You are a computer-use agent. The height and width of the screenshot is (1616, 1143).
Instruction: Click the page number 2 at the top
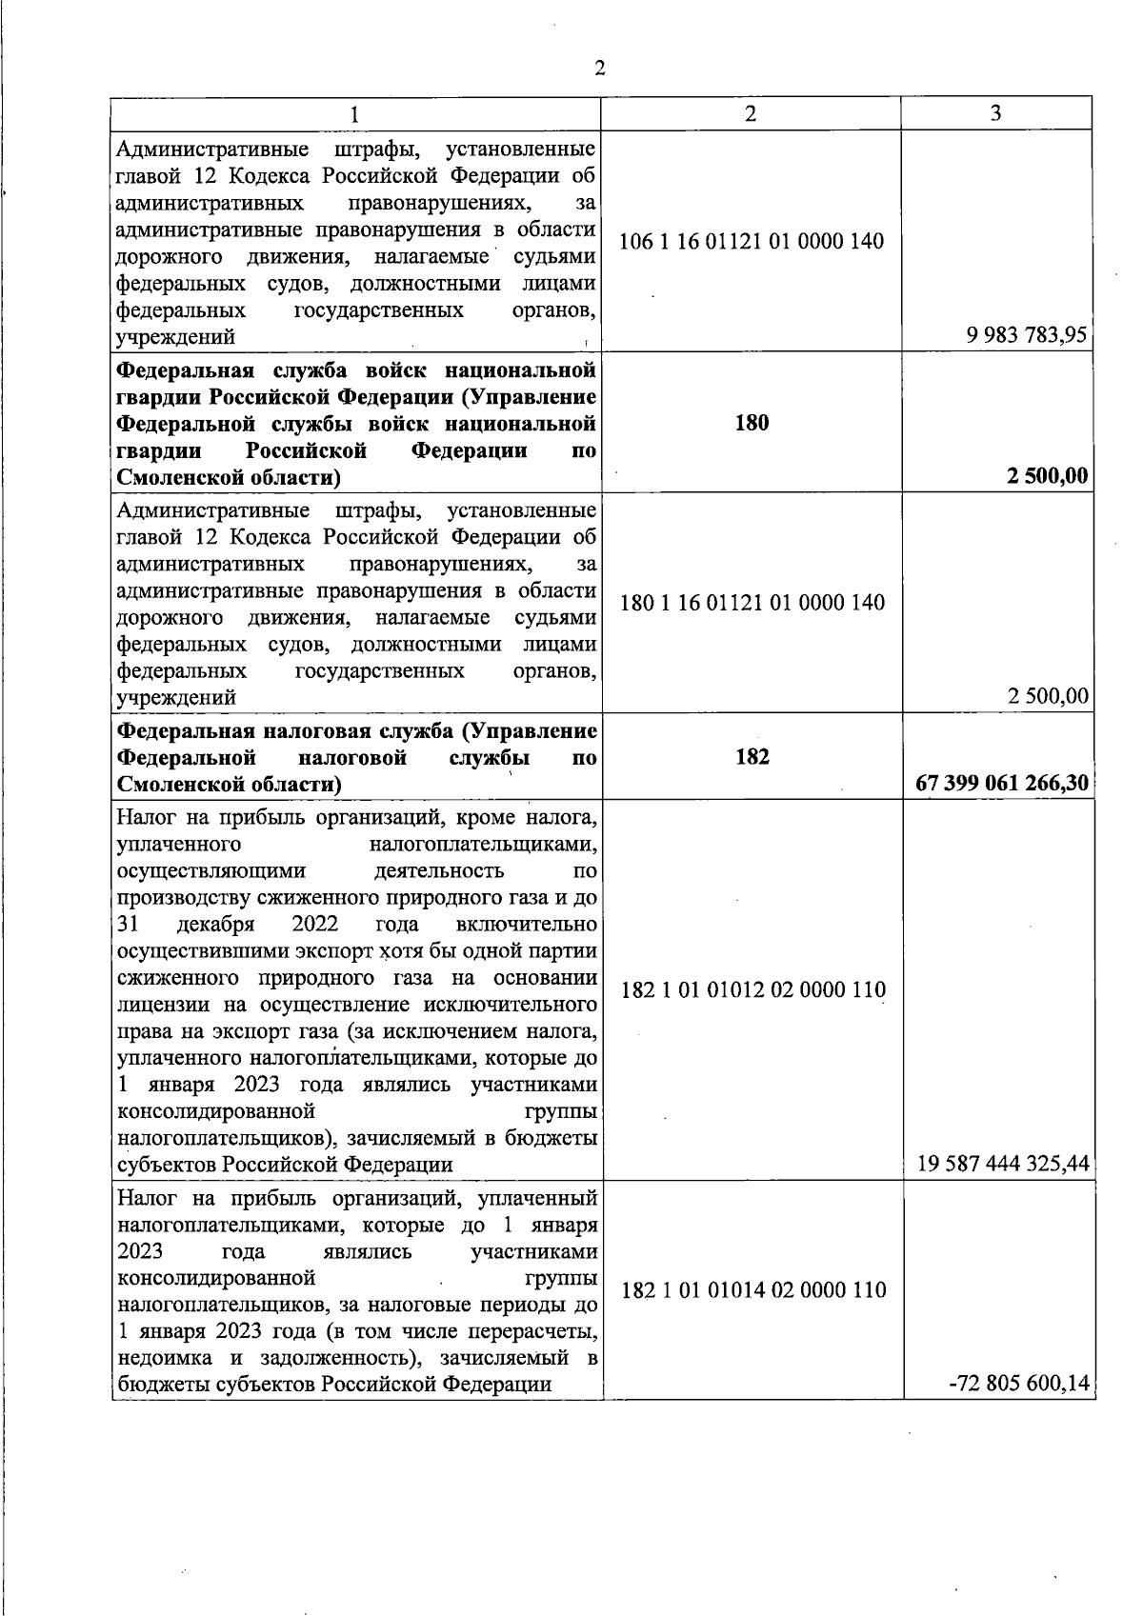click(x=599, y=68)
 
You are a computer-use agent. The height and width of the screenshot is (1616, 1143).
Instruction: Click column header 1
click(x=354, y=113)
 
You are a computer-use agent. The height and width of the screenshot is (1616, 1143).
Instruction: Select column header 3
click(x=995, y=113)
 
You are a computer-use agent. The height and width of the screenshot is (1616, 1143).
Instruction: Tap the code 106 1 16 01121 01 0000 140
click(x=752, y=241)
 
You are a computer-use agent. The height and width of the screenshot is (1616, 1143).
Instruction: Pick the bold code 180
click(x=752, y=423)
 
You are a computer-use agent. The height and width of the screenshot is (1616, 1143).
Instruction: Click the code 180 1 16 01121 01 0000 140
click(x=752, y=603)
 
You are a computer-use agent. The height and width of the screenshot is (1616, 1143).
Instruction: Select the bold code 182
click(x=752, y=757)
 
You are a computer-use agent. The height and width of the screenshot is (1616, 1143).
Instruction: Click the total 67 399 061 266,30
click(x=1001, y=783)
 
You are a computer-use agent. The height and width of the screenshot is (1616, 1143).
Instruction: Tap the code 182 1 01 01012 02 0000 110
click(x=752, y=990)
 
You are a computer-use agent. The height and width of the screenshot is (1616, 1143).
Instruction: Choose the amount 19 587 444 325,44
click(x=1003, y=1163)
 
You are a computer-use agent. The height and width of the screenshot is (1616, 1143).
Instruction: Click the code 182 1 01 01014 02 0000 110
click(x=752, y=1290)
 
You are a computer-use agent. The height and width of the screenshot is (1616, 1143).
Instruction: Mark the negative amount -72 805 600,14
click(x=1018, y=1383)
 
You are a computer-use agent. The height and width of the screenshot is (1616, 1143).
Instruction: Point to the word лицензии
click(x=156, y=1005)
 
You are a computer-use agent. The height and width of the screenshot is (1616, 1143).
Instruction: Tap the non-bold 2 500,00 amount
click(x=1048, y=696)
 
